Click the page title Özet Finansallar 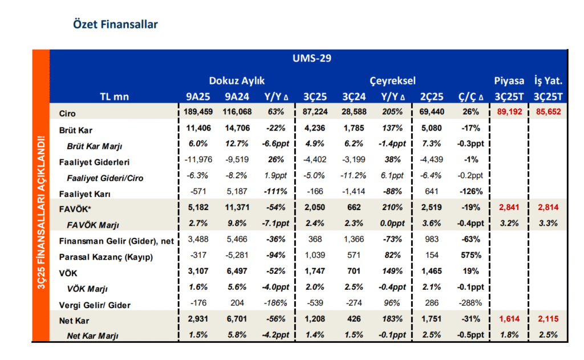click(115, 25)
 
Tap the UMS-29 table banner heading click(312, 58)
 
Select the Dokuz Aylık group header click(237, 80)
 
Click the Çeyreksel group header click(392, 80)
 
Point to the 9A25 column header click(198, 97)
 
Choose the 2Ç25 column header click(432, 97)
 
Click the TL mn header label click(114, 97)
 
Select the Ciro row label click(67, 114)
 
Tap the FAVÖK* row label click(75, 209)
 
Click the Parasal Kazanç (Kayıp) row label click(106, 257)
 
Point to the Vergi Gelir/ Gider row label click(95, 305)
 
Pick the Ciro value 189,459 click(198, 112)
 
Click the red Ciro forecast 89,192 click(509, 112)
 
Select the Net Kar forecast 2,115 click(548, 319)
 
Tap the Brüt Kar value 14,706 click(237, 128)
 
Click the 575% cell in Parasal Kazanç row click(471, 255)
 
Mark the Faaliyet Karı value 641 click(432, 192)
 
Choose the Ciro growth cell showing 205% click(392, 112)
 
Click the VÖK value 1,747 click(315, 272)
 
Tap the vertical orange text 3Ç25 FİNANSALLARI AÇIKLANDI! click(41, 212)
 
